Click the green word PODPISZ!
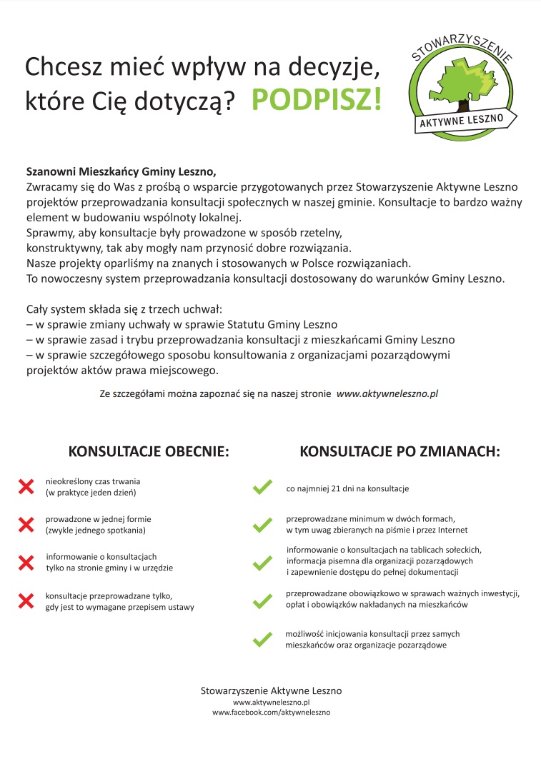pos(317,100)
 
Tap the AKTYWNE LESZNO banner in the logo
pos(464,120)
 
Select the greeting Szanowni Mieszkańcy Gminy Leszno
pos(121,172)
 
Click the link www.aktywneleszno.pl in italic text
pos(387,393)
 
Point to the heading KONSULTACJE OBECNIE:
pos(149,452)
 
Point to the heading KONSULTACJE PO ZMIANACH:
pos(399,452)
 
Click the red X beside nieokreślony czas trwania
pos(26,487)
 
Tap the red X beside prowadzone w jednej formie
pos(26,525)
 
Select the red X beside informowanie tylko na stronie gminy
pos(26,562)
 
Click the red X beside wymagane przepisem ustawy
pos(26,600)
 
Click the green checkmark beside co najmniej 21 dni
pos(262,488)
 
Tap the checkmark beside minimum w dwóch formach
pos(262,525)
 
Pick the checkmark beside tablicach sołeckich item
pos(262,563)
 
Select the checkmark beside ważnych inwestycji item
pos(262,601)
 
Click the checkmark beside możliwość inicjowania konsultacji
pos(262,639)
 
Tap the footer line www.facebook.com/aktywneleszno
pos(271,713)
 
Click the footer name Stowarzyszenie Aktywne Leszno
pos(271,690)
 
